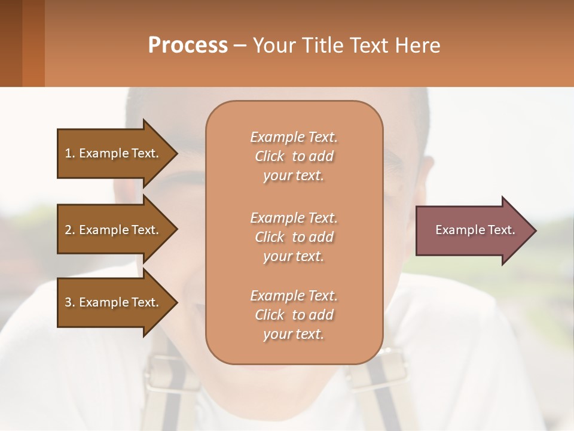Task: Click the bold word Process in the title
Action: pyautogui.click(x=188, y=45)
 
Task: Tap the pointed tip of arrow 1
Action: pyautogui.click(x=176, y=153)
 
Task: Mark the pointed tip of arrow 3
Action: pyautogui.click(x=176, y=302)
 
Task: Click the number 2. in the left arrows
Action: pyautogui.click(x=70, y=230)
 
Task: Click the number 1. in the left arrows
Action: pyautogui.click(x=70, y=153)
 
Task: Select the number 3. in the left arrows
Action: pyautogui.click(x=70, y=302)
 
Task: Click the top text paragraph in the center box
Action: pyautogui.click(x=294, y=156)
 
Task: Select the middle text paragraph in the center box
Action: pyautogui.click(x=294, y=237)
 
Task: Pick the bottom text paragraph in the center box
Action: pyautogui.click(x=294, y=315)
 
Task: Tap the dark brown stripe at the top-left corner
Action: pyautogui.click(x=11, y=43)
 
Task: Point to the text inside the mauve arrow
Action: pyautogui.click(x=475, y=230)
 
